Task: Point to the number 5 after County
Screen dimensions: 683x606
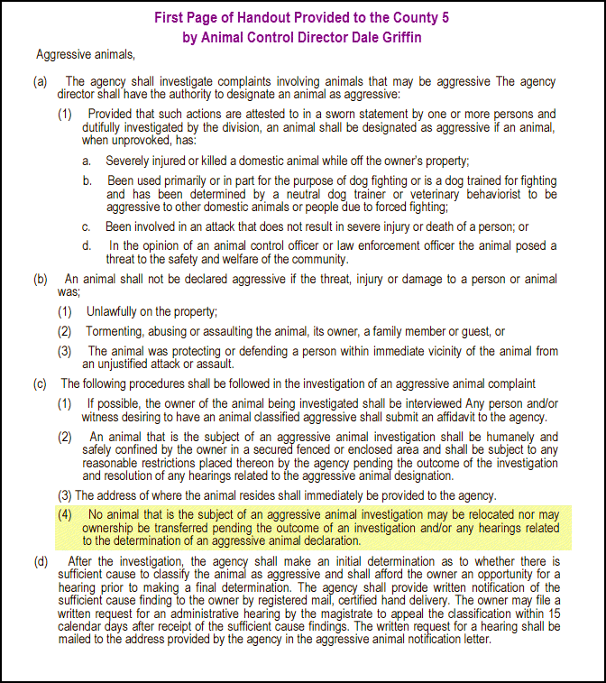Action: [x=445, y=17]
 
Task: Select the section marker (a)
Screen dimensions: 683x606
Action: [x=41, y=82]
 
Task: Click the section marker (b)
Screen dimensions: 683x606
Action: [x=41, y=279]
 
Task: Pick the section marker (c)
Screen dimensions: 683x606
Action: [x=41, y=384]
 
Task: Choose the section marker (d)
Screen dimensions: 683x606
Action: [x=41, y=562]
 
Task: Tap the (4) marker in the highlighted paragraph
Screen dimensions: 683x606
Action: [x=66, y=513]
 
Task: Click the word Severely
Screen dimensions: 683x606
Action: [x=130, y=161]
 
